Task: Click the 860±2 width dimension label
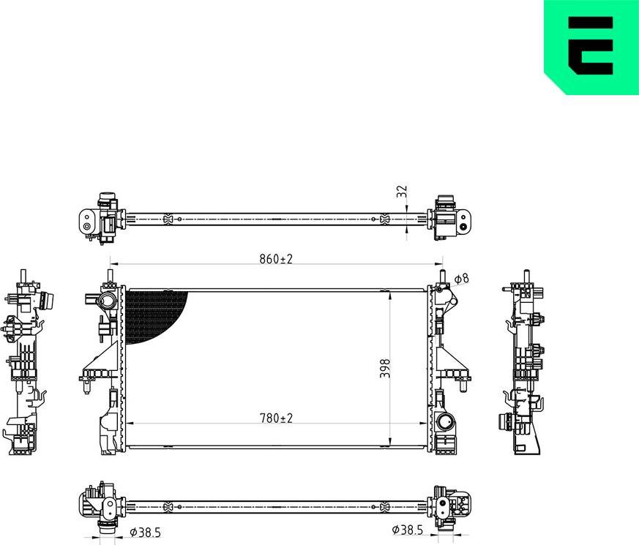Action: (275, 259)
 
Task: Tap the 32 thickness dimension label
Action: (401, 191)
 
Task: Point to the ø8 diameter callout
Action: (460, 279)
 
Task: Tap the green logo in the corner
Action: (591, 46)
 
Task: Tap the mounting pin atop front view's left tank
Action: (110, 276)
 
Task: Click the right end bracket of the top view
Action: (452, 217)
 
